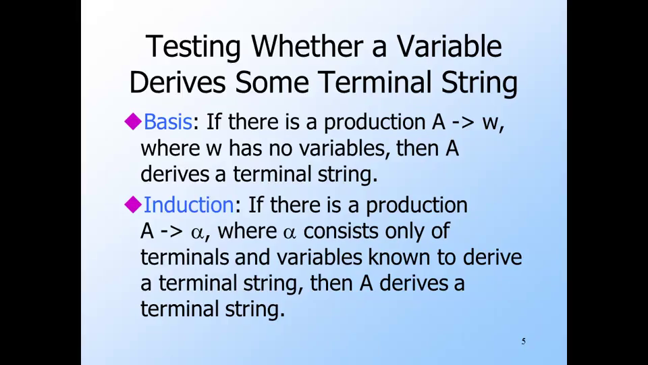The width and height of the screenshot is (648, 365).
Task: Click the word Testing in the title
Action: pos(193,47)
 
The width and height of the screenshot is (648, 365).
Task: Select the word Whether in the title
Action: pos(307,46)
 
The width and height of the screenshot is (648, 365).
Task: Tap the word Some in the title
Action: pos(272,82)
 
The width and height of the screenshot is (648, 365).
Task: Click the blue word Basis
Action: pos(167,122)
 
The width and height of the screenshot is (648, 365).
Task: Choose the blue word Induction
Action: pos(189,205)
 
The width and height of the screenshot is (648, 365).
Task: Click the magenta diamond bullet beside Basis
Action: pos(133,122)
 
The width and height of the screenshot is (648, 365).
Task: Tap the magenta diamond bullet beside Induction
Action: pos(133,204)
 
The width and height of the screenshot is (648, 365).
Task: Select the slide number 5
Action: pos(524,341)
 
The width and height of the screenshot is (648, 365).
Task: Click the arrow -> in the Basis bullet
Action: pos(463,123)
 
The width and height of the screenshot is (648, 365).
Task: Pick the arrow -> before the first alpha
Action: pos(171,232)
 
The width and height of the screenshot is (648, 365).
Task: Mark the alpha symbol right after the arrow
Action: pos(197,233)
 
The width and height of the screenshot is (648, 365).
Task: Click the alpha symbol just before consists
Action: pos(290,233)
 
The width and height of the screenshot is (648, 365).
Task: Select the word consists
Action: pos(340,231)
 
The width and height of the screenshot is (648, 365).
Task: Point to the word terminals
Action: pos(185,257)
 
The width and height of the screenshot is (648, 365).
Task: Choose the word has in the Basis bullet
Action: pos(245,148)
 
